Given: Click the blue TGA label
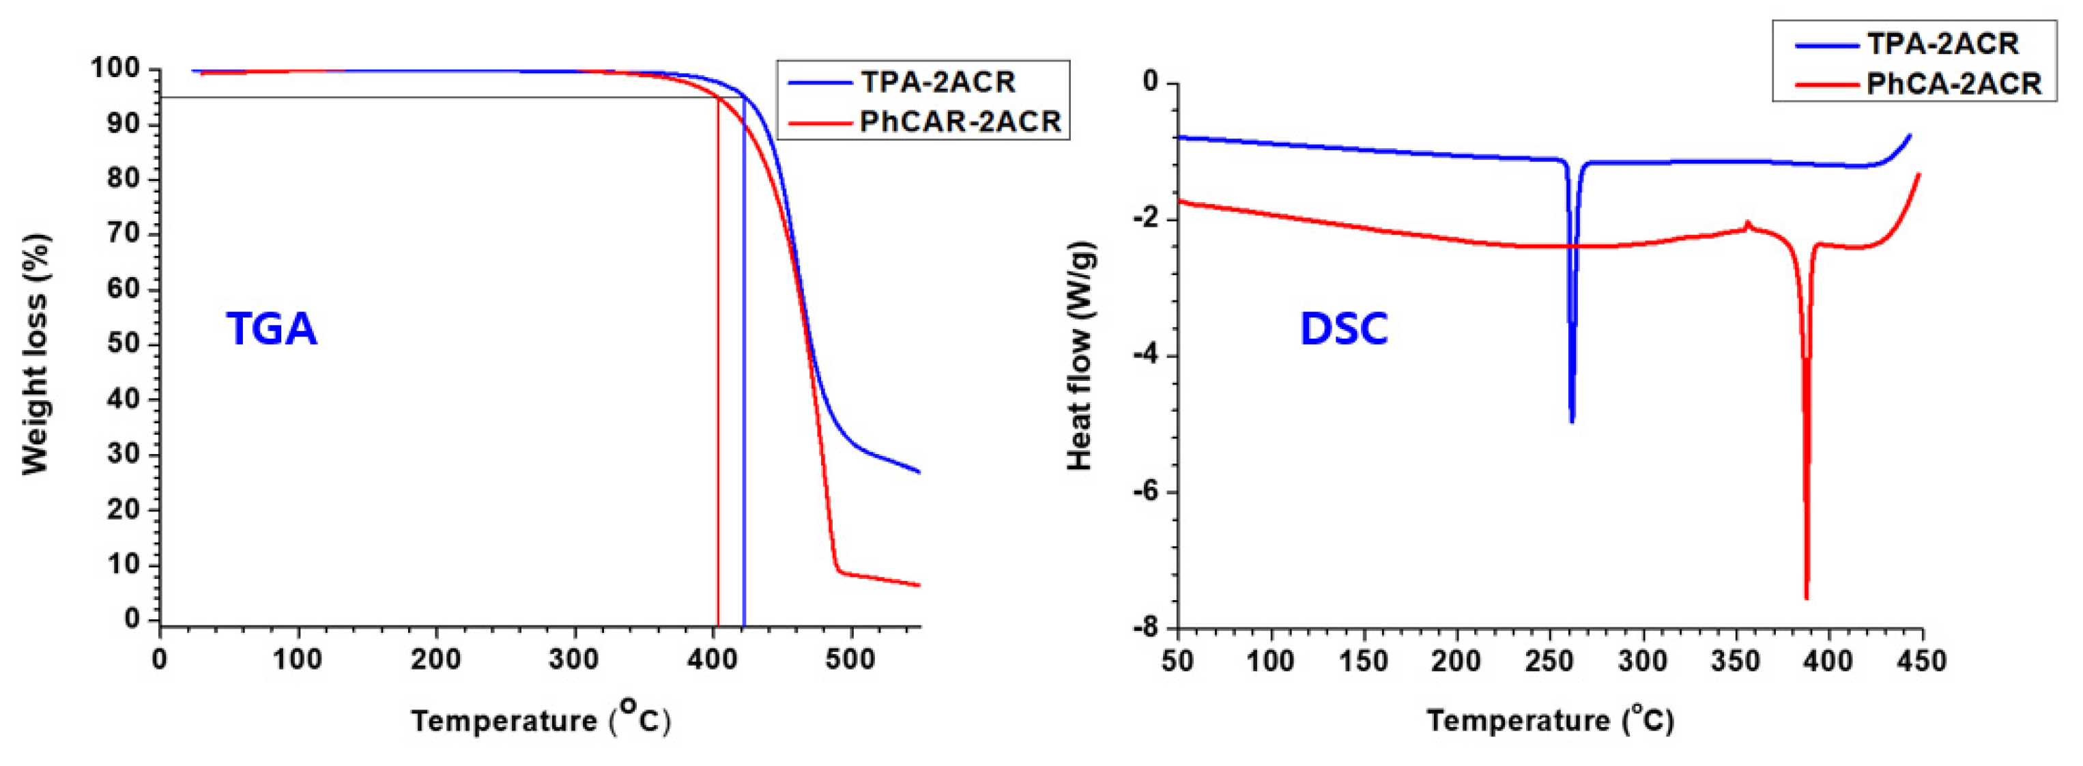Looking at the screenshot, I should click(272, 328).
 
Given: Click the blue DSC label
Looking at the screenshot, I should click(1343, 328).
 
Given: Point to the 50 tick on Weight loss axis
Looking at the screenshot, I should click(126, 345).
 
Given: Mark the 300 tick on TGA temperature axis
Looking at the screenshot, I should click(575, 659).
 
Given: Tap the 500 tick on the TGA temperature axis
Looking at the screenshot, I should click(850, 659).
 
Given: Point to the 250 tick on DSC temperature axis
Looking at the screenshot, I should click(1550, 661).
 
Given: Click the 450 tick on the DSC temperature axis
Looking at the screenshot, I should click(1921, 661).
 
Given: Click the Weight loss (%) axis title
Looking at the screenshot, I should click(35, 354).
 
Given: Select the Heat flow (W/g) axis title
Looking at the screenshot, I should click(1080, 356).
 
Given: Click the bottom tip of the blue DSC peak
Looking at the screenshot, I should click(1572, 421).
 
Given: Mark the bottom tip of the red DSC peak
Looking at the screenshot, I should click(1806, 598).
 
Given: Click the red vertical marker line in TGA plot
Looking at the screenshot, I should click(717, 364).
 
